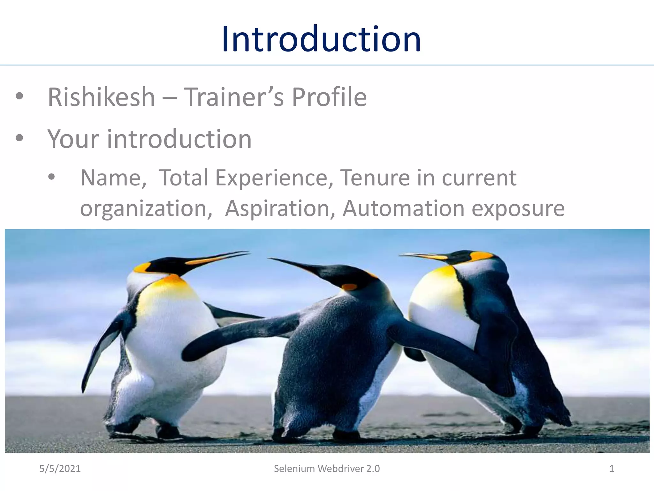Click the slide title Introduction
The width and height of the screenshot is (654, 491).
coord(321,39)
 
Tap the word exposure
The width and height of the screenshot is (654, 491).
coord(518,208)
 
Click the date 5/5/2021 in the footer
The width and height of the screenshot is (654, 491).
coord(60,469)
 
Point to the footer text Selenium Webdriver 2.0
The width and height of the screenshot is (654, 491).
coord(327,469)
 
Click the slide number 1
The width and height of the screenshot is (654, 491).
coord(612,469)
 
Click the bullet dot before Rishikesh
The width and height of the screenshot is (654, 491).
coord(19,96)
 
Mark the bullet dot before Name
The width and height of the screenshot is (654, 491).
coord(51,177)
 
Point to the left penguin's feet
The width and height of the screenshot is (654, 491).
coord(144,430)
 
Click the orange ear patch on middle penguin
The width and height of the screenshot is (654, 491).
coord(349,287)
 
